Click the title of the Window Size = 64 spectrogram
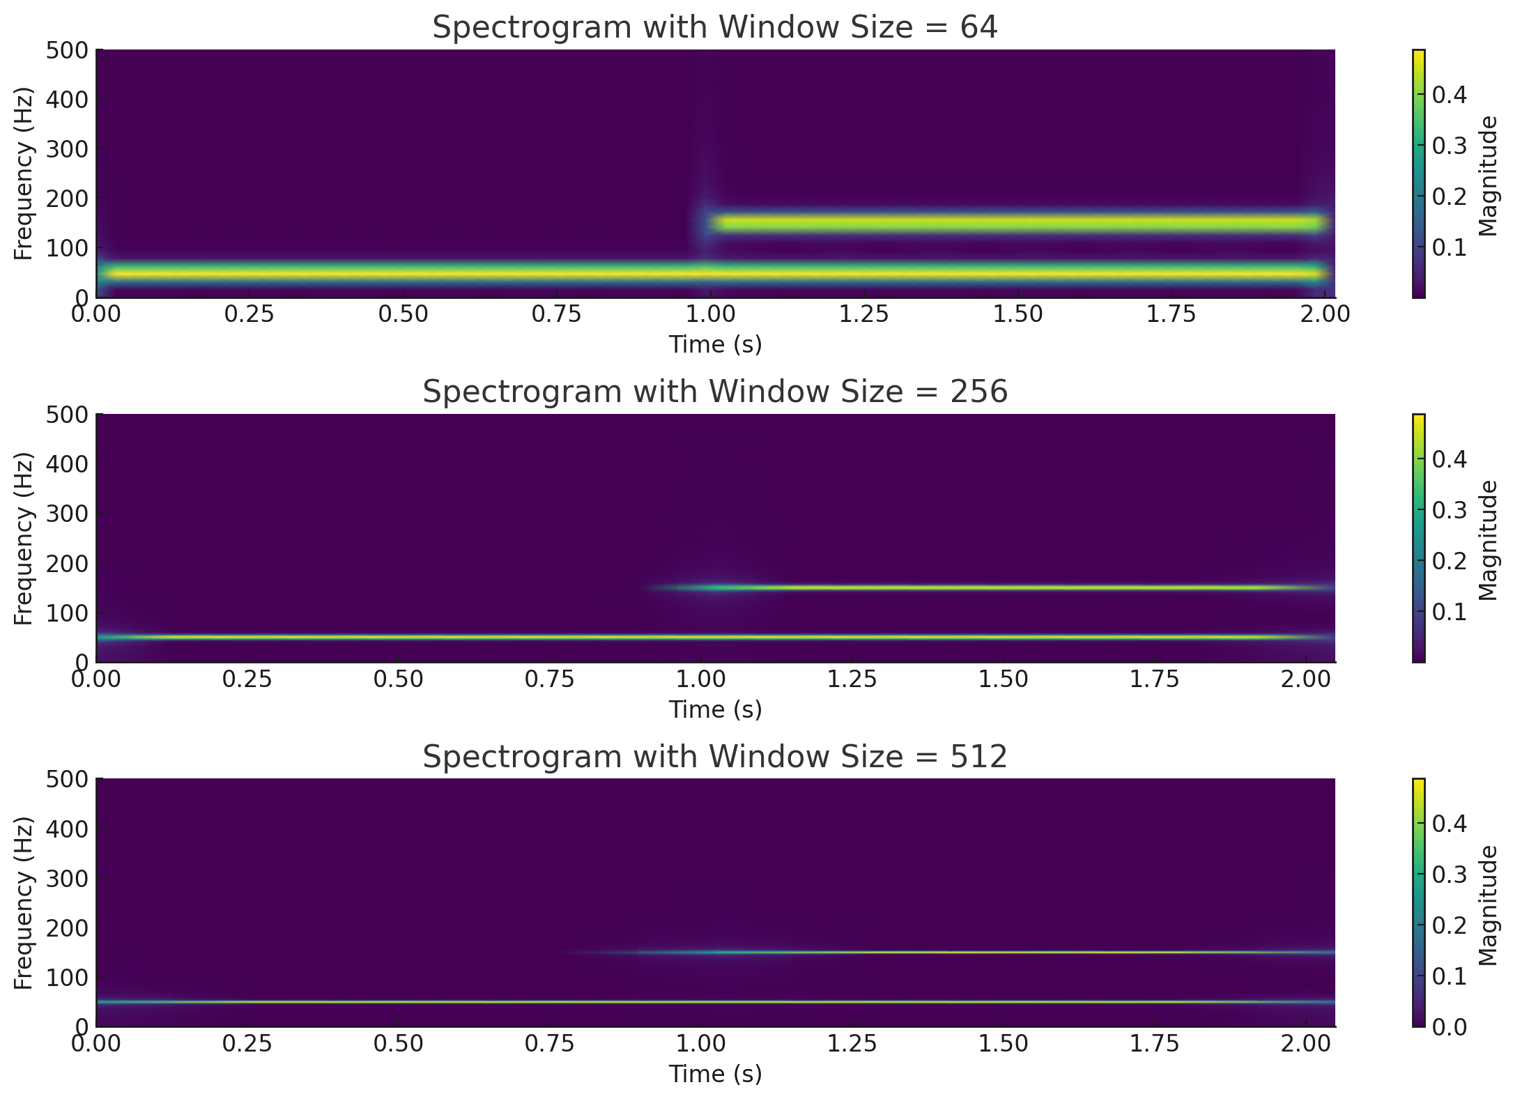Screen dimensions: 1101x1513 click(x=715, y=28)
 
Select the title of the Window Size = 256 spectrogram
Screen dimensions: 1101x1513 click(x=715, y=392)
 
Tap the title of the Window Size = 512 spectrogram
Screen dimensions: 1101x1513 click(x=715, y=757)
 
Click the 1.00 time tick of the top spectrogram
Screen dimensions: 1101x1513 click(x=711, y=315)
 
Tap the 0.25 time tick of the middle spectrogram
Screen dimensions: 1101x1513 click(x=247, y=679)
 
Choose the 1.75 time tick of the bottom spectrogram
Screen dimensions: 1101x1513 click(x=1155, y=1044)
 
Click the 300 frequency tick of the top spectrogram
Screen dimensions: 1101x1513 click(x=68, y=149)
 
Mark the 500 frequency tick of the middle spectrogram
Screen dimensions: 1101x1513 click(x=68, y=415)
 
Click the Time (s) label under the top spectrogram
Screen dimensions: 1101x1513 click(x=715, y=345)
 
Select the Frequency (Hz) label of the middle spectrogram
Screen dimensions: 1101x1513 click(x=24, y=538)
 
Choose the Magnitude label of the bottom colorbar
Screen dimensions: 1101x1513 click(x=1488, y=904)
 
